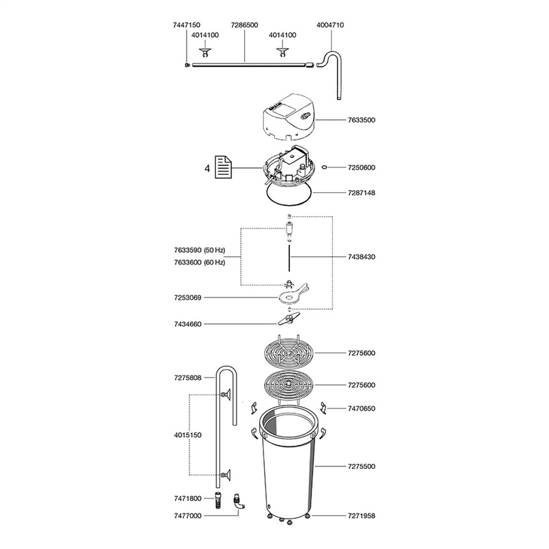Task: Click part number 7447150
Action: coord(186,25)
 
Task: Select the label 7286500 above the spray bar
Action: coord(244,25)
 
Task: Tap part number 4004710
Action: coord(330,25)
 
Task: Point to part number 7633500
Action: coord(361,120)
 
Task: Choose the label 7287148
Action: coord(361,193)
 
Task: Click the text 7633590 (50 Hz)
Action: coord(199,250)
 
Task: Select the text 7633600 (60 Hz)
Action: coord(199,262)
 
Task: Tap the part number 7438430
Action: coord(361,257)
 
